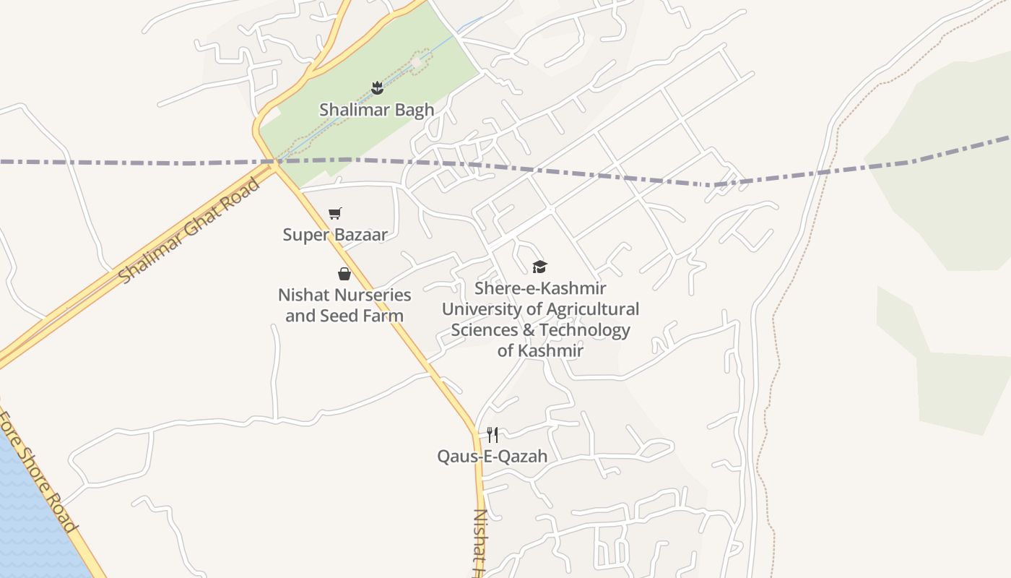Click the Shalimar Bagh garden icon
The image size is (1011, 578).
[377, 88]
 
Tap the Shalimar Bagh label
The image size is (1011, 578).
[377, 110]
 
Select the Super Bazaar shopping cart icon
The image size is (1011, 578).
[334, 213]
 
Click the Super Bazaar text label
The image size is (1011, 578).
[335, 234]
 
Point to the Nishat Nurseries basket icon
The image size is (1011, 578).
[344, 274]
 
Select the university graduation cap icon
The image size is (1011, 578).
[539, 267]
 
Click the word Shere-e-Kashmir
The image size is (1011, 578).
[540, 288]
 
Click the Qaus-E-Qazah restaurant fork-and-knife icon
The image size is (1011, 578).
[493, 434]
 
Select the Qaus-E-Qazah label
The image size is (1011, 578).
[492, 456]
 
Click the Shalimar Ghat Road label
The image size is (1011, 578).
[190, 230]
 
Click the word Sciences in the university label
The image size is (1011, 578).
[483, 330]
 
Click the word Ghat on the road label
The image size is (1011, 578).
[191, 229]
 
